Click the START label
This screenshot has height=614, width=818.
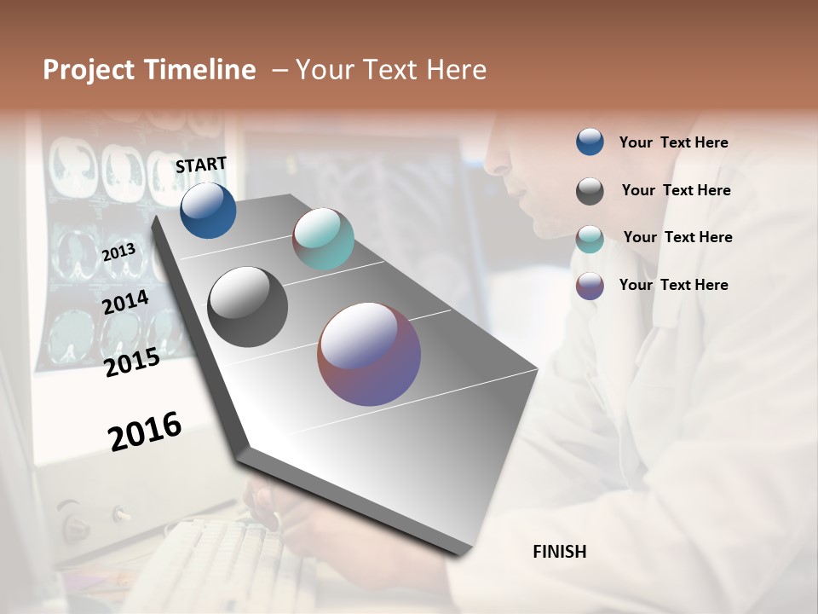tap(201, 165)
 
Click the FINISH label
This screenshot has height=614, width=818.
tap(560, 552)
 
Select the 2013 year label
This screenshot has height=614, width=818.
tap(118, 252)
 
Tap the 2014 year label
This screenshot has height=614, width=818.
tap(125, 302)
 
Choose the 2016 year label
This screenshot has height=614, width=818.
tap(145, 432)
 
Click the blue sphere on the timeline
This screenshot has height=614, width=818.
tap(208, 211)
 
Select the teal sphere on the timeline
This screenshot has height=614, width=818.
tap(323, 239)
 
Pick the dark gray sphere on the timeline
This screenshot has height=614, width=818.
tap(248, 307)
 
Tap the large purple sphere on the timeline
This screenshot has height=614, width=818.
tap(369, 354)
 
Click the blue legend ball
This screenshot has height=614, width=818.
tap(590, 142)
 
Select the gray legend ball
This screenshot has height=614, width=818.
tap(590, 191)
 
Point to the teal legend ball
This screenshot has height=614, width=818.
tap(590, 239)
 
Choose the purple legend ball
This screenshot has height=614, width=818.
tap(590, 286)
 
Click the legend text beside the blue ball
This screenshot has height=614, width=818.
tap(673, 142)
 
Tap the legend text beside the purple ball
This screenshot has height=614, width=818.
tap(673, 285)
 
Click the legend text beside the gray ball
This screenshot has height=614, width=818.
tap(676, 190)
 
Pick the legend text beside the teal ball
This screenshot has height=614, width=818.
tap(677, 237)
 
